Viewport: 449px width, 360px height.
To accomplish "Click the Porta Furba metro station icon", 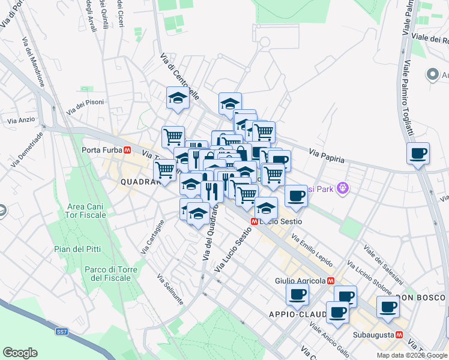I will pos(127,151).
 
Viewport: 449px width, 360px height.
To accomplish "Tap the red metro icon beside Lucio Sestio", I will pos(255,221).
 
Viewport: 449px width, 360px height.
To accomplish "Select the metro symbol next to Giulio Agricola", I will pos(330,280).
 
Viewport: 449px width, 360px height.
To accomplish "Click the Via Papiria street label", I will pos(327,157).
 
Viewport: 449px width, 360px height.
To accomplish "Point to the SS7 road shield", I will pos(61,331).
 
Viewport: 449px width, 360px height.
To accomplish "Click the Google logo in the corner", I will pos(20,352).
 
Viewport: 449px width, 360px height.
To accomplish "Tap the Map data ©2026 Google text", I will pos(412,355).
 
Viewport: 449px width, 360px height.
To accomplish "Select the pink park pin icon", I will pos(343,188).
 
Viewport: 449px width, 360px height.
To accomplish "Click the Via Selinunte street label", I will pos(169,290).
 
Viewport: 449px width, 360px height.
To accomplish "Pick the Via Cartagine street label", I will pos(152,238).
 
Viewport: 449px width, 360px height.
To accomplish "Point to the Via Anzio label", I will pos(21,120).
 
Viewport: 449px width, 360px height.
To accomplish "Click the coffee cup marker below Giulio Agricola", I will pos(297,295).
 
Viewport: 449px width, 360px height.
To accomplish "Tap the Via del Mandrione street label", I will pos(34,62).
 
